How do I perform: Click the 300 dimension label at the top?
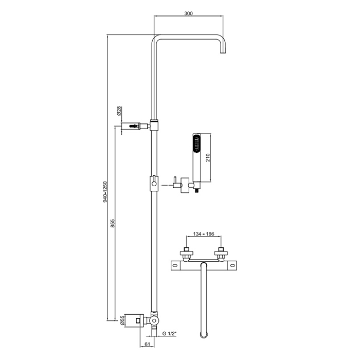click(x=188, y=13)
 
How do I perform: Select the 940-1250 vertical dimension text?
click(x=105, y=192)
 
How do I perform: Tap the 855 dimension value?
click(x=113, y=223)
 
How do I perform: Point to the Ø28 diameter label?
click(x=119, y=111)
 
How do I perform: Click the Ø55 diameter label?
click(x=122, y=320)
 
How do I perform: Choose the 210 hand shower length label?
click(x=208, y=158)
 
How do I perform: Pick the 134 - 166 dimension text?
click(x=204, y=234)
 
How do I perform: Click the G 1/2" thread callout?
click(x=169, y=334)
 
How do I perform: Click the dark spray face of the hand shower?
click(x=196, y=144)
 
